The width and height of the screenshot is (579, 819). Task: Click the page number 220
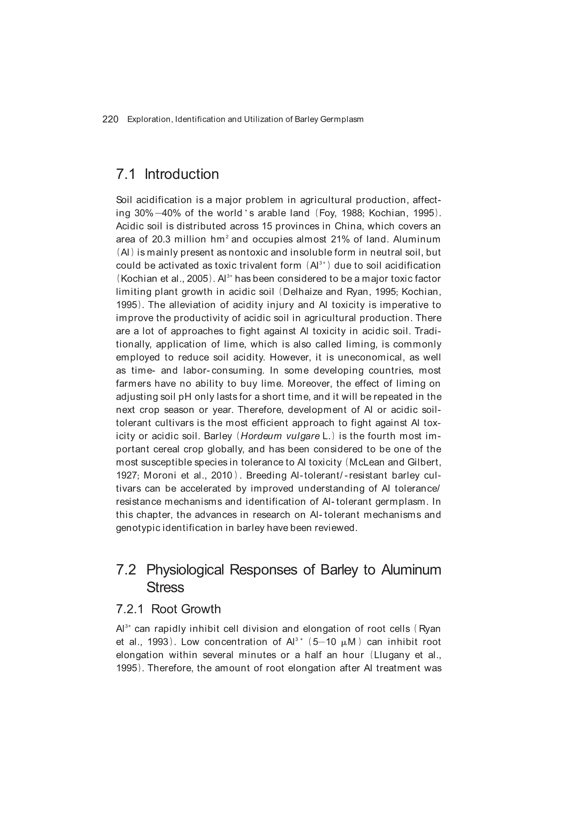point(110,119)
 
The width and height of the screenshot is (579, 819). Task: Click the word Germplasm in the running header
point(342,119)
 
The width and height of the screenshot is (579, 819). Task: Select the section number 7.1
point(126,174)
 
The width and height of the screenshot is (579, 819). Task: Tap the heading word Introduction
point(181,174)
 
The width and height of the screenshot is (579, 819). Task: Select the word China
point(346,227)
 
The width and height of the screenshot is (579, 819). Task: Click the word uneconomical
point(370,357)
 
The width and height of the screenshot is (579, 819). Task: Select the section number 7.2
point(126,570)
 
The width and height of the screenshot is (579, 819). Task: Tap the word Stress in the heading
point(165,587)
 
